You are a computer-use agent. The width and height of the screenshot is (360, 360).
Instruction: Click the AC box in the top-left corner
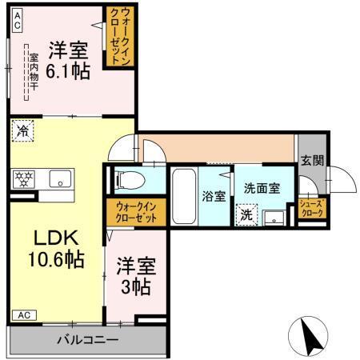click(17, 25)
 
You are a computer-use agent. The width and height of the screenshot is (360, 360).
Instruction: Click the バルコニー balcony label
click(86, 340)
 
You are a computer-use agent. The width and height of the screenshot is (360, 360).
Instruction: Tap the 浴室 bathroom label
click(214, 196)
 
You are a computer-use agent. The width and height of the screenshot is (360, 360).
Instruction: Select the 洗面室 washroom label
click(262, 188)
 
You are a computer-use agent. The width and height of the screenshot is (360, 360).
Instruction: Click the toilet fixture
click(129, 179)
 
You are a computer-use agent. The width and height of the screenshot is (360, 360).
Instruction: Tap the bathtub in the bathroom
click(184, 195)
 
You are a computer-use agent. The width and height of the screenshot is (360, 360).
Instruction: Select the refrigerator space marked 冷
click(24, 130)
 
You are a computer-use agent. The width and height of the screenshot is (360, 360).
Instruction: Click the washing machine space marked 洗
click(247, 214)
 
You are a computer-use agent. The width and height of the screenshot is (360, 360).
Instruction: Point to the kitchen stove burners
click(23, 178)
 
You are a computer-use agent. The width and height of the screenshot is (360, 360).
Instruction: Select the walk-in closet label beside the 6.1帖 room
click(120, 36)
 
